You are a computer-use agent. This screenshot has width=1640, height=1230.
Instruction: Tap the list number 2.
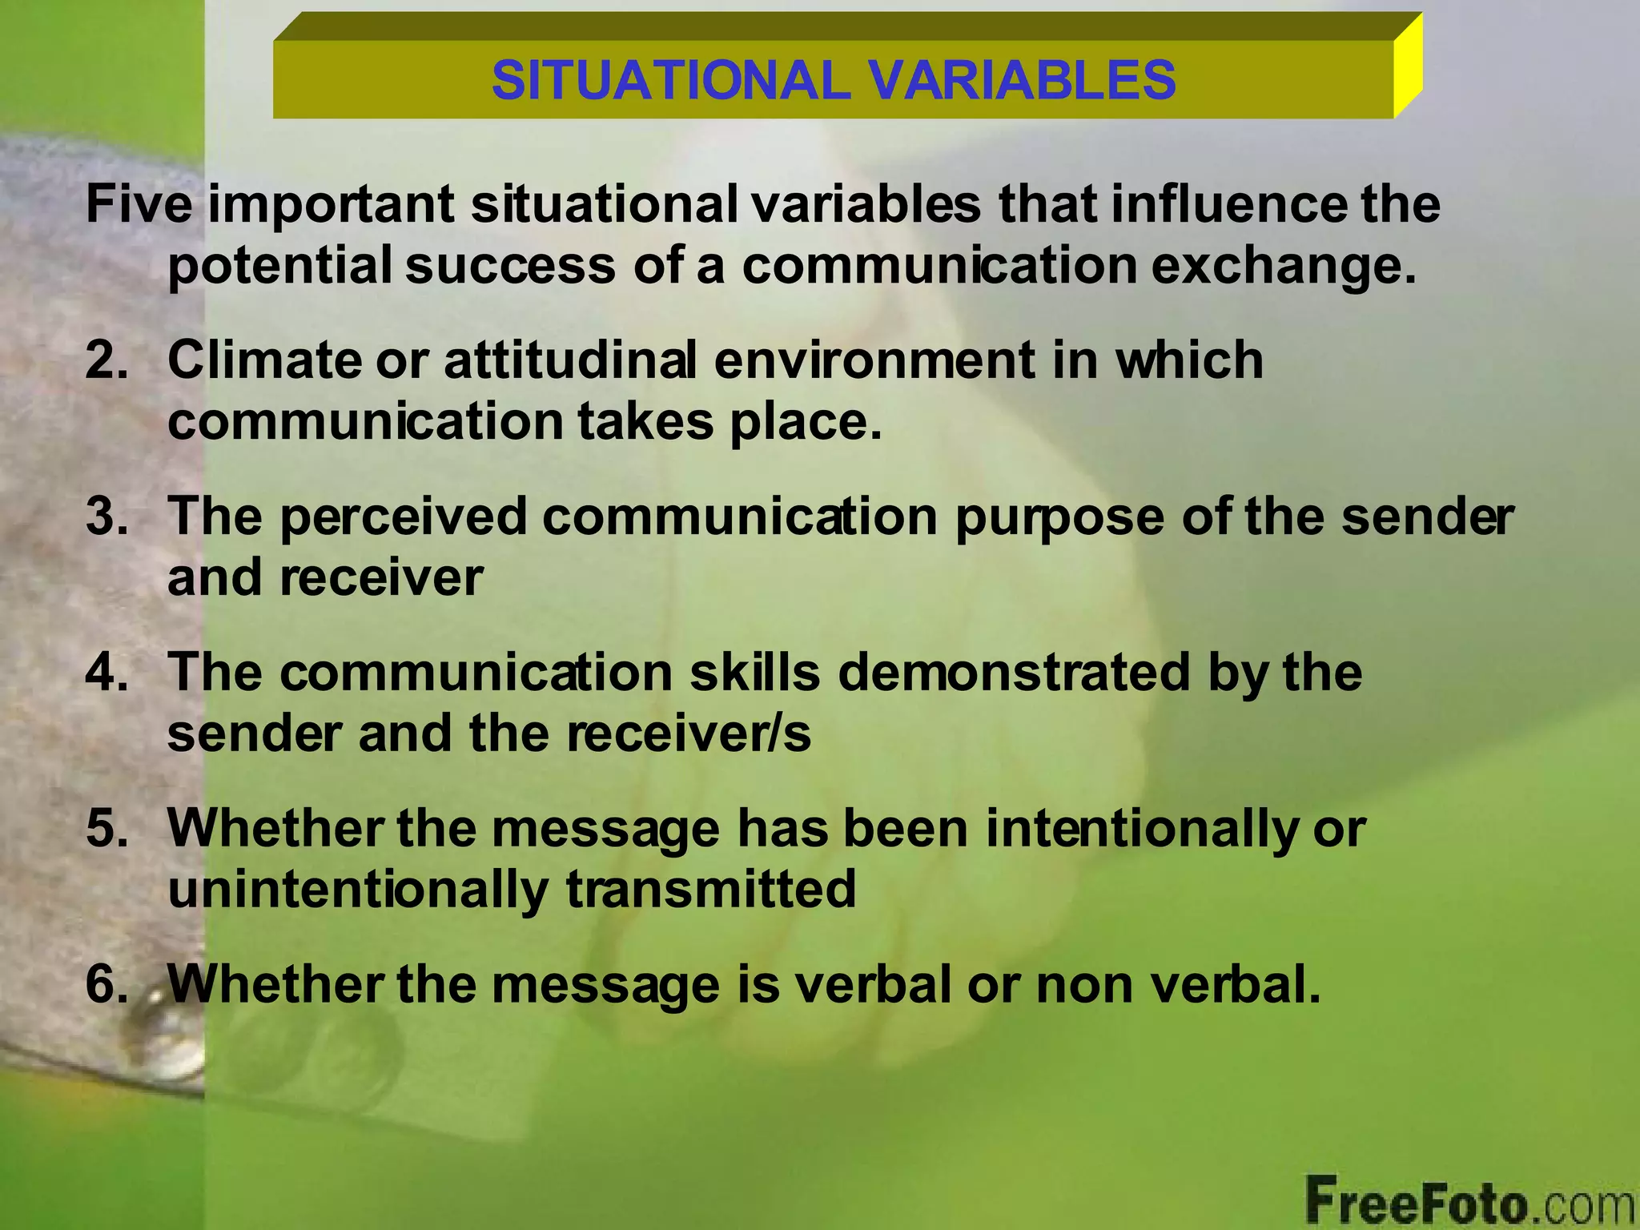click(x=107, y=359)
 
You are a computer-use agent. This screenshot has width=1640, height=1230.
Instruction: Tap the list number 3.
click(x=107, y=516)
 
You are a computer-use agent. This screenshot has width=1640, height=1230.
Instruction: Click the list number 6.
click(x=107, y=983)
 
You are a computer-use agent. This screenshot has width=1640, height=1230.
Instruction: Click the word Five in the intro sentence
click(x=139, y=203)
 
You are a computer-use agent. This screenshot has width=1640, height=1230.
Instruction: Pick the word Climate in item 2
click(x=265, y=359)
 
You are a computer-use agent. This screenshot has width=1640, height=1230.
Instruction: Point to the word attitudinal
click(x=570, y=359)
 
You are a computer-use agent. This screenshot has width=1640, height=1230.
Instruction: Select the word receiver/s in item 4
click(x=689, y=734)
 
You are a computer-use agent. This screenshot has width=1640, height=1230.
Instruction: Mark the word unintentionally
click(x=358, y=890)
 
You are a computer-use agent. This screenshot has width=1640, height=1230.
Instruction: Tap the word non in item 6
click(x=1084, y=985)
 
